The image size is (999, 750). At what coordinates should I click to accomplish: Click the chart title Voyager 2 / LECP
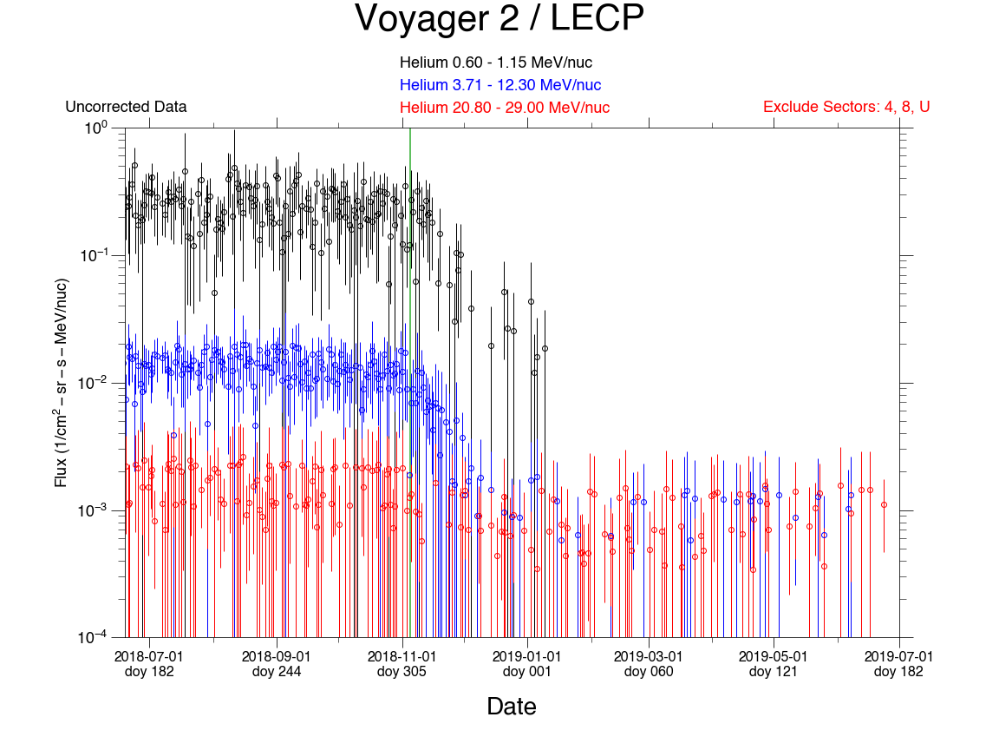(499, 19)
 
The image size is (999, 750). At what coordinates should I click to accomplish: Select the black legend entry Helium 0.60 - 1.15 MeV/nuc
(496, 62)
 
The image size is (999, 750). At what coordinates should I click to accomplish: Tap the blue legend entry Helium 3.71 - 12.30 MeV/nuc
(500, 85)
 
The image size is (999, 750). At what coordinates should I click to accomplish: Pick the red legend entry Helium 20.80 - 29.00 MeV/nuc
(505, 108)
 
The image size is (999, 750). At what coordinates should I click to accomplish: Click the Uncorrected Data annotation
(126, 108)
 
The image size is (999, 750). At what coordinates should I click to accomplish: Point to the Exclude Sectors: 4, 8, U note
(846, 108)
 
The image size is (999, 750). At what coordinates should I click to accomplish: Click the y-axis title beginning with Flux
(62, 382)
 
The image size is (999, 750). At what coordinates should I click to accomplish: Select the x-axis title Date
(512, 707)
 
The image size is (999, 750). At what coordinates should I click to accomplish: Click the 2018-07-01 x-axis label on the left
(149, 656)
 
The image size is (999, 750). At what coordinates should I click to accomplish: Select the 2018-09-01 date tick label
(276, 656)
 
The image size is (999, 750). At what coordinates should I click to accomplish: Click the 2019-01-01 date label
(526, 656)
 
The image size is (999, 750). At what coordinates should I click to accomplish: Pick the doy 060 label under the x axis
(648, 671)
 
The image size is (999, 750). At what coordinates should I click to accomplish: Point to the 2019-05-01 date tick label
(774, 656)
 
